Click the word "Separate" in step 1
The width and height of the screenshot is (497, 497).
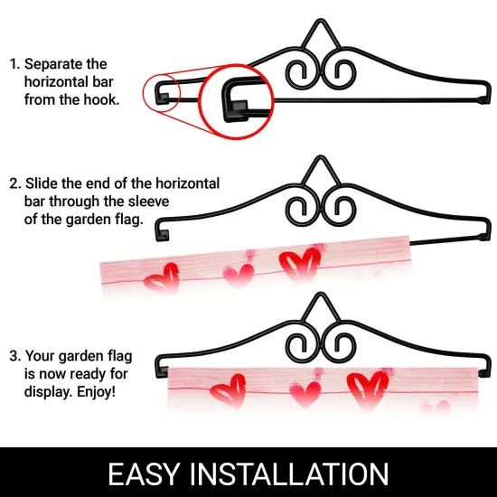(x=53, y=64)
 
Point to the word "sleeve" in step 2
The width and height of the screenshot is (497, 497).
(x=148, y=202)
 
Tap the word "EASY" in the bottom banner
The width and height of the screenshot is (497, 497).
(x=145, y=474)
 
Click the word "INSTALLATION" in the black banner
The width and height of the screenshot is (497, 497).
(x=289, y=474)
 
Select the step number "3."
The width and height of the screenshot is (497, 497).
(x=15, y=356)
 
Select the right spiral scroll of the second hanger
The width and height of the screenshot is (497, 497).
(x=341, y=211)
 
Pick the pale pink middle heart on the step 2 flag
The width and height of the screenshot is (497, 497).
(x=239, y=275)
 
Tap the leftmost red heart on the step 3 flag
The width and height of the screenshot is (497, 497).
(x=229, y=390)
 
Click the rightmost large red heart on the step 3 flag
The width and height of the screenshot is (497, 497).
(x=368, y=389)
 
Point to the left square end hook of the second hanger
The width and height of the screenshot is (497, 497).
(x=163, y=235)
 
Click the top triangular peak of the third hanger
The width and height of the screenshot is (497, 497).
(x=320, y=295)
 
